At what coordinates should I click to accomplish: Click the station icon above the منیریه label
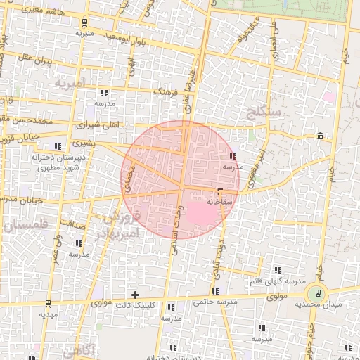[x=85, y=22]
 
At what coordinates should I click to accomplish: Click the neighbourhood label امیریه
[x=70, y=84]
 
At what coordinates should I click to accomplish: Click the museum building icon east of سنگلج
[x=321, y=136]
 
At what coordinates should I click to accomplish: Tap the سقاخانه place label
[x=219, y=201]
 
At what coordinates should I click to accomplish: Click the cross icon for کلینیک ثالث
[x=136, y=294]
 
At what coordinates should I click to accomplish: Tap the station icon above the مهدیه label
[x=48, y=304]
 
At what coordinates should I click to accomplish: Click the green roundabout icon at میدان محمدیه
[x=318, y=293]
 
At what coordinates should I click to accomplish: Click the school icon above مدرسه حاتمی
[x=215, y=291]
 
